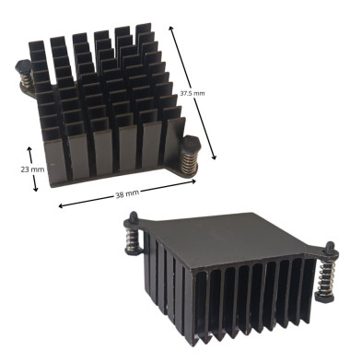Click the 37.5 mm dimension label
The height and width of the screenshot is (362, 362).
[x=193, y=93]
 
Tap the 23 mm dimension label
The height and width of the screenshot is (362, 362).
[x=32, y=169]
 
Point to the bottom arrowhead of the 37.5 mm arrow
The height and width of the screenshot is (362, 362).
[x=215, y=158]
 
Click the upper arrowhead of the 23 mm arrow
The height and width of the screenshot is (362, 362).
[x=29, y=149]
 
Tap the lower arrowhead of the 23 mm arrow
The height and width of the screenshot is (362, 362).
[x=36, y=189]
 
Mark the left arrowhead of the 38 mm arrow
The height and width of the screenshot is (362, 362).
[x=61, y=205]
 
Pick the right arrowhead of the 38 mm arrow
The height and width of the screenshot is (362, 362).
[x=193, y=181]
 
